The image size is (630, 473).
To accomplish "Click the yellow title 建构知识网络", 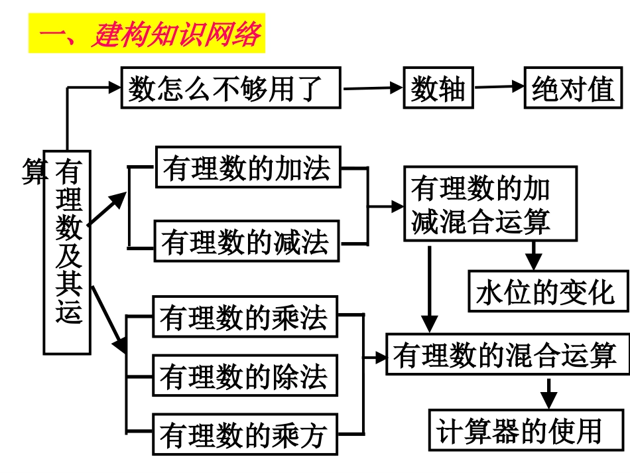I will pyautogui.click(x=147, y=35).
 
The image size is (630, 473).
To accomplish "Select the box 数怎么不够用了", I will pyautogui.click(x=230, y=88).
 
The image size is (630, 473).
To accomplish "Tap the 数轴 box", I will pyautogui.click(x=438, y=88).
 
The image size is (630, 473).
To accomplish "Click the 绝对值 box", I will pyautogui.click(x=573, y=88).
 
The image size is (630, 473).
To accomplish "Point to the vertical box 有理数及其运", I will pyautogui.click(x=68, y=251).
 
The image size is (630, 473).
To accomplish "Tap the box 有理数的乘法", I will pyautogui.click(x=245, y=316).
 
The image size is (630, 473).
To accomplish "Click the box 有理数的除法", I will pyautogui.click(x=245, y=375).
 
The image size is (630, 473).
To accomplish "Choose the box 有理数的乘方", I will pyautogui.click(x=245, y=435).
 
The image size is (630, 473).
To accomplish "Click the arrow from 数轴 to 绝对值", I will pyautogui.click(x=499, y=86).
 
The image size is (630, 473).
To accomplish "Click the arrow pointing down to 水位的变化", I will pyautogui.click(x=534, y=255).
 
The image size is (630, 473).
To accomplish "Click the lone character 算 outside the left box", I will pyautogui.click(x=34, y=171).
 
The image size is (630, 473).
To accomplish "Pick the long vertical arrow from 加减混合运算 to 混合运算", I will pyautogui.click(x=430, y=289).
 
